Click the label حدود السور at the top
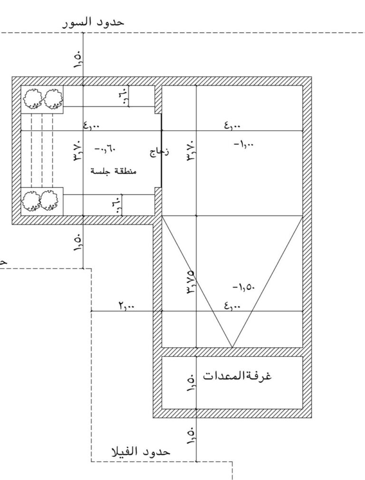93,23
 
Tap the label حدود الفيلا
141,452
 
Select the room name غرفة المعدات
237,375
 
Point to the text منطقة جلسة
114,171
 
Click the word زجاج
159,152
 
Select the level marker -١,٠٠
243,144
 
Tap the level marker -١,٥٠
243,287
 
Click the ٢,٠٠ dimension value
126,305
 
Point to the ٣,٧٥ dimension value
190,282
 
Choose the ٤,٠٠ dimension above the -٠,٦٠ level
91,125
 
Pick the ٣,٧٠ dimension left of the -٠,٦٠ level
77,151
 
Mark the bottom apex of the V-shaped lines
232,348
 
